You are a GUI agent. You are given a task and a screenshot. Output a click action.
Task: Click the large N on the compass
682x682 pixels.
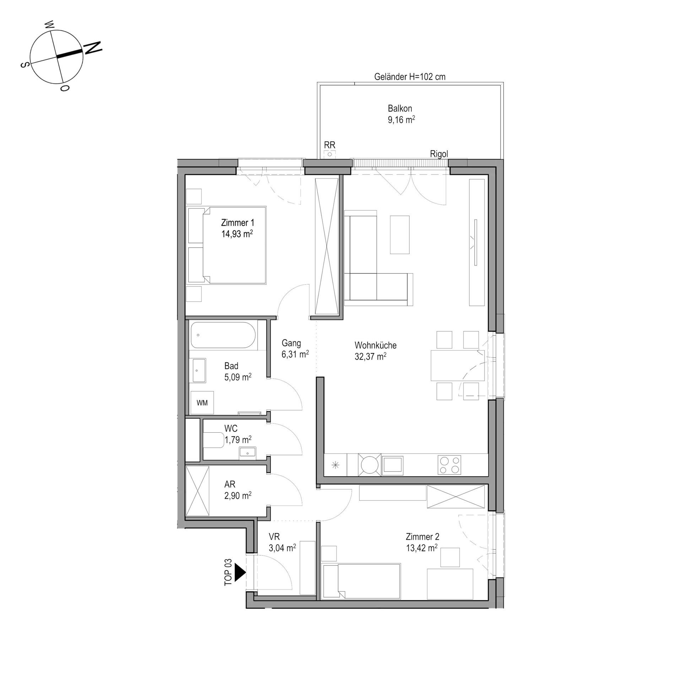(92, 48)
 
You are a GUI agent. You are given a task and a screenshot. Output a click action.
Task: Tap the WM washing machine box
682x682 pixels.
(202, 403)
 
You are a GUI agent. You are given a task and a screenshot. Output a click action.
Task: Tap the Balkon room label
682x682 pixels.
(400, 108)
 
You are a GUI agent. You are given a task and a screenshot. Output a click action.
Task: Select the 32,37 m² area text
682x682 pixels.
(370, 356)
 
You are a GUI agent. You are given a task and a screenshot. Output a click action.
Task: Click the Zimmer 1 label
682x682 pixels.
(238, 223)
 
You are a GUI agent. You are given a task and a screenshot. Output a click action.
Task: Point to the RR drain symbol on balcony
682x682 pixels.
(330, 154)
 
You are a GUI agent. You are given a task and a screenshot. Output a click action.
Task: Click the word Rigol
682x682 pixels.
(439, 154)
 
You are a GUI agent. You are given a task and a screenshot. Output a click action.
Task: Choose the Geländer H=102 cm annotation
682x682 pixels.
(410, 77)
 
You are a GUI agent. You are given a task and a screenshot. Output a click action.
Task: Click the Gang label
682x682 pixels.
(291, 343)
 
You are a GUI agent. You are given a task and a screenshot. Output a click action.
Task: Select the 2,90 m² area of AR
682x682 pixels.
(238, 495)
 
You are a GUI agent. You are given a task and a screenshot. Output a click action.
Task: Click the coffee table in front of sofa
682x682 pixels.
(400, 234)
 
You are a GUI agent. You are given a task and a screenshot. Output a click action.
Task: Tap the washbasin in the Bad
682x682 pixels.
(199, 370)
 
